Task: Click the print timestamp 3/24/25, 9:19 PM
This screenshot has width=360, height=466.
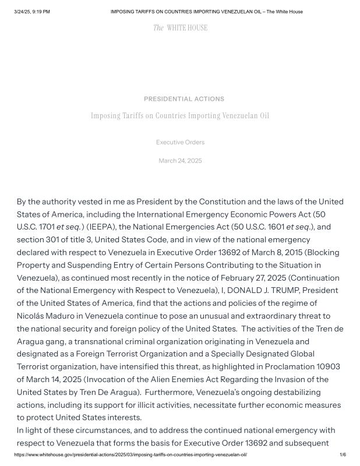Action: click(x=32, y=12)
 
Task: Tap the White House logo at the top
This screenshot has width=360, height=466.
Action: click(x=180, y=28)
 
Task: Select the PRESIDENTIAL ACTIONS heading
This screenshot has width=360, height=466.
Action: click(x=184, y=99)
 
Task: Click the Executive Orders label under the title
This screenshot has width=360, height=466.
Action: click(x=180, y=142)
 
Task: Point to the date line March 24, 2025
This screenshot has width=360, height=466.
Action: click(x=180, y=161)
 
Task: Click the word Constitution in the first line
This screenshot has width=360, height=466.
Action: click(x=223, y=202)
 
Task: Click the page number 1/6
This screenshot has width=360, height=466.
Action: click(x=343, y=454)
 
